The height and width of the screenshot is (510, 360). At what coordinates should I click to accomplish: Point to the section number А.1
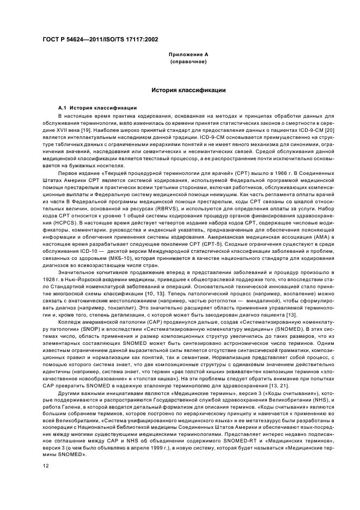point(63,108)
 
